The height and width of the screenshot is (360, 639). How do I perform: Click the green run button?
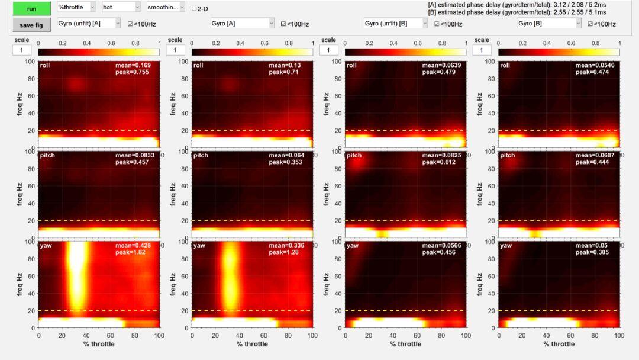click(x=31, y=8)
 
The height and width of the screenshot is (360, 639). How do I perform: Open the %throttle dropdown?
click(x=76, y=7)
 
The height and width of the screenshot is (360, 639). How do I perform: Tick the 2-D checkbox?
click(x=194, y=9)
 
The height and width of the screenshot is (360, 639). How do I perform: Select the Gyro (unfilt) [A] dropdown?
click(x=89, y=23)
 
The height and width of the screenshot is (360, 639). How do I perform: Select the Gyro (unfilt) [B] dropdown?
click(x=395, y=23)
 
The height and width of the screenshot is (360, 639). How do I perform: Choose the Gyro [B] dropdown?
click(x=548, y=23)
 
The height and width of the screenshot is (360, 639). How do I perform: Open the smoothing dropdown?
click(x=166, y=7)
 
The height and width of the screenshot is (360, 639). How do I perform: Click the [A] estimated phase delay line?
click(x=521, y=4)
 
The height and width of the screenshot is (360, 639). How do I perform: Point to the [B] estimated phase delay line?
click(x=521, y=11)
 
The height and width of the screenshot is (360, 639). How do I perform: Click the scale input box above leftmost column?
click(x=21, y=50)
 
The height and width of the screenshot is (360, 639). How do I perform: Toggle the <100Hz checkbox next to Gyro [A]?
click(x=283, y=24)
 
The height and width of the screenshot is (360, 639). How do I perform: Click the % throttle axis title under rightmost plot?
click(x=559, y=344)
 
